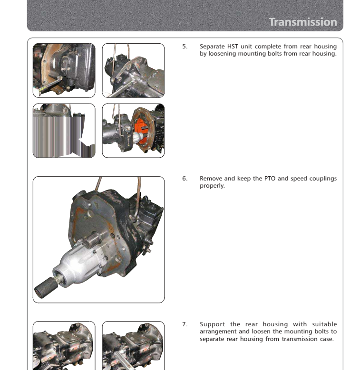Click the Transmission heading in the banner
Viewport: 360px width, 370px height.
tap(302, 22)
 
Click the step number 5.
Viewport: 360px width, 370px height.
tap(185, 47)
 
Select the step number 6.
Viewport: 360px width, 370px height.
tap(185, 179)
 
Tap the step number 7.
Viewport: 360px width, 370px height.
tap(185, 324)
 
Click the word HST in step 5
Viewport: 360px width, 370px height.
tap(233, 47)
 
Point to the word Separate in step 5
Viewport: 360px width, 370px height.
tap(212, 47)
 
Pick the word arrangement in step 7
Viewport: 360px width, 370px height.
tap(219, 331)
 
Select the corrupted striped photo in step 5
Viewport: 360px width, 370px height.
tap(64, 131)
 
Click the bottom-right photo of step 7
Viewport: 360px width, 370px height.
tap(133, 345)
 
